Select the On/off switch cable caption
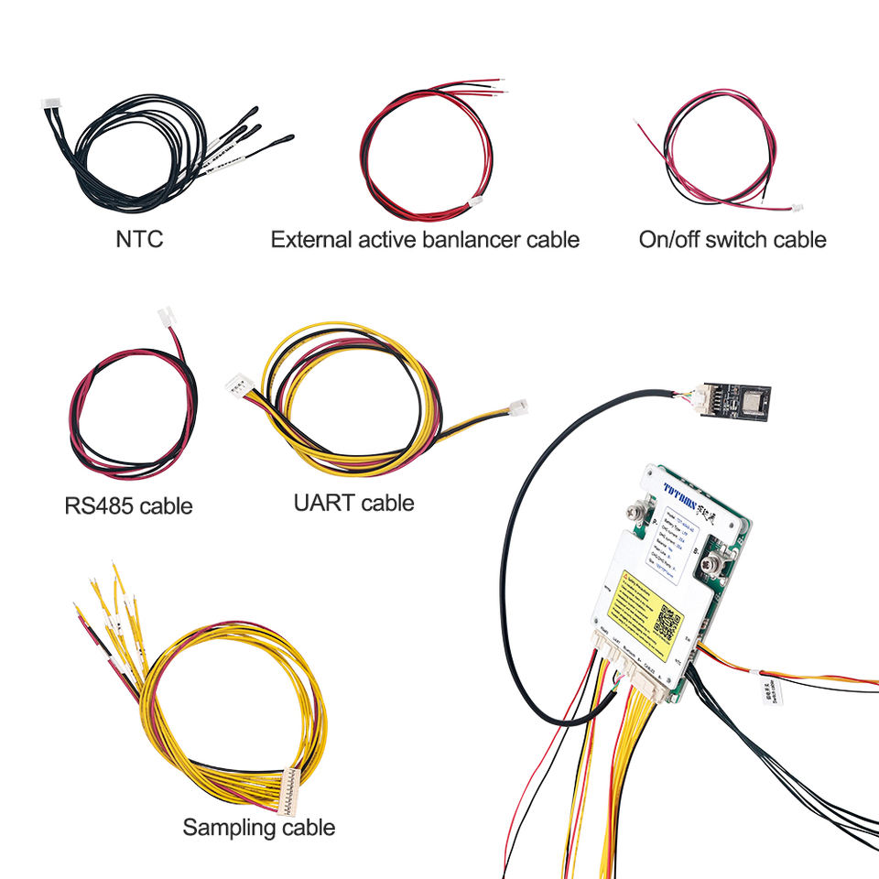(x=732, y=240)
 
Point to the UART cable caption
(x=353, y=503)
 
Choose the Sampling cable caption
(x=258, y=828)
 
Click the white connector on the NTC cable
(x=50, y=108)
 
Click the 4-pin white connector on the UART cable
(x=240, y=385)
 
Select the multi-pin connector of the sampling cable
(x=291, y=789)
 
